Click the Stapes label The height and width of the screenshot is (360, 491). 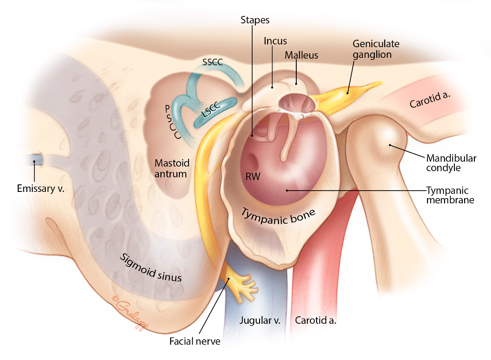(x=255, y=20)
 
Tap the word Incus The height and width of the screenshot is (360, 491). (x=275, y=41)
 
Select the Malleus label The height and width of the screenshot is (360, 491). (x=301, y=55)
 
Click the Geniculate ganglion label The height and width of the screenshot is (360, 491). (x=376, y=49)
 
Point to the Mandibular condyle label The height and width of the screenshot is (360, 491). (x=451, y=163)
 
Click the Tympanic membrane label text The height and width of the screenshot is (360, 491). (x=450, y=195)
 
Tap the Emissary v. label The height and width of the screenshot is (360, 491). (x=40, y=188)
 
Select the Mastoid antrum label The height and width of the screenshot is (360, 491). (x=172, y=168)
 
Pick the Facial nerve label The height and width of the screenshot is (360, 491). (x=195, y=341)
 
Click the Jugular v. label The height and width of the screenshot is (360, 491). (x=260, y=320)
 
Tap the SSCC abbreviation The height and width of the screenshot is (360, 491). (x=212, y=62)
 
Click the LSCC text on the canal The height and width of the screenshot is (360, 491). (x=211, y=109)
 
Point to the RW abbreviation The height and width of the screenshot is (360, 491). (x=253, y=177)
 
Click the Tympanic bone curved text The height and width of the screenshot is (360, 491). (x=278, y=217)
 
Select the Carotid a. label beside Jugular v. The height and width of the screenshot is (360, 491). (x=316, y=320)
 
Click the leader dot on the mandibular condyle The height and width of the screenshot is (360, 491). (x=390, y=145)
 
